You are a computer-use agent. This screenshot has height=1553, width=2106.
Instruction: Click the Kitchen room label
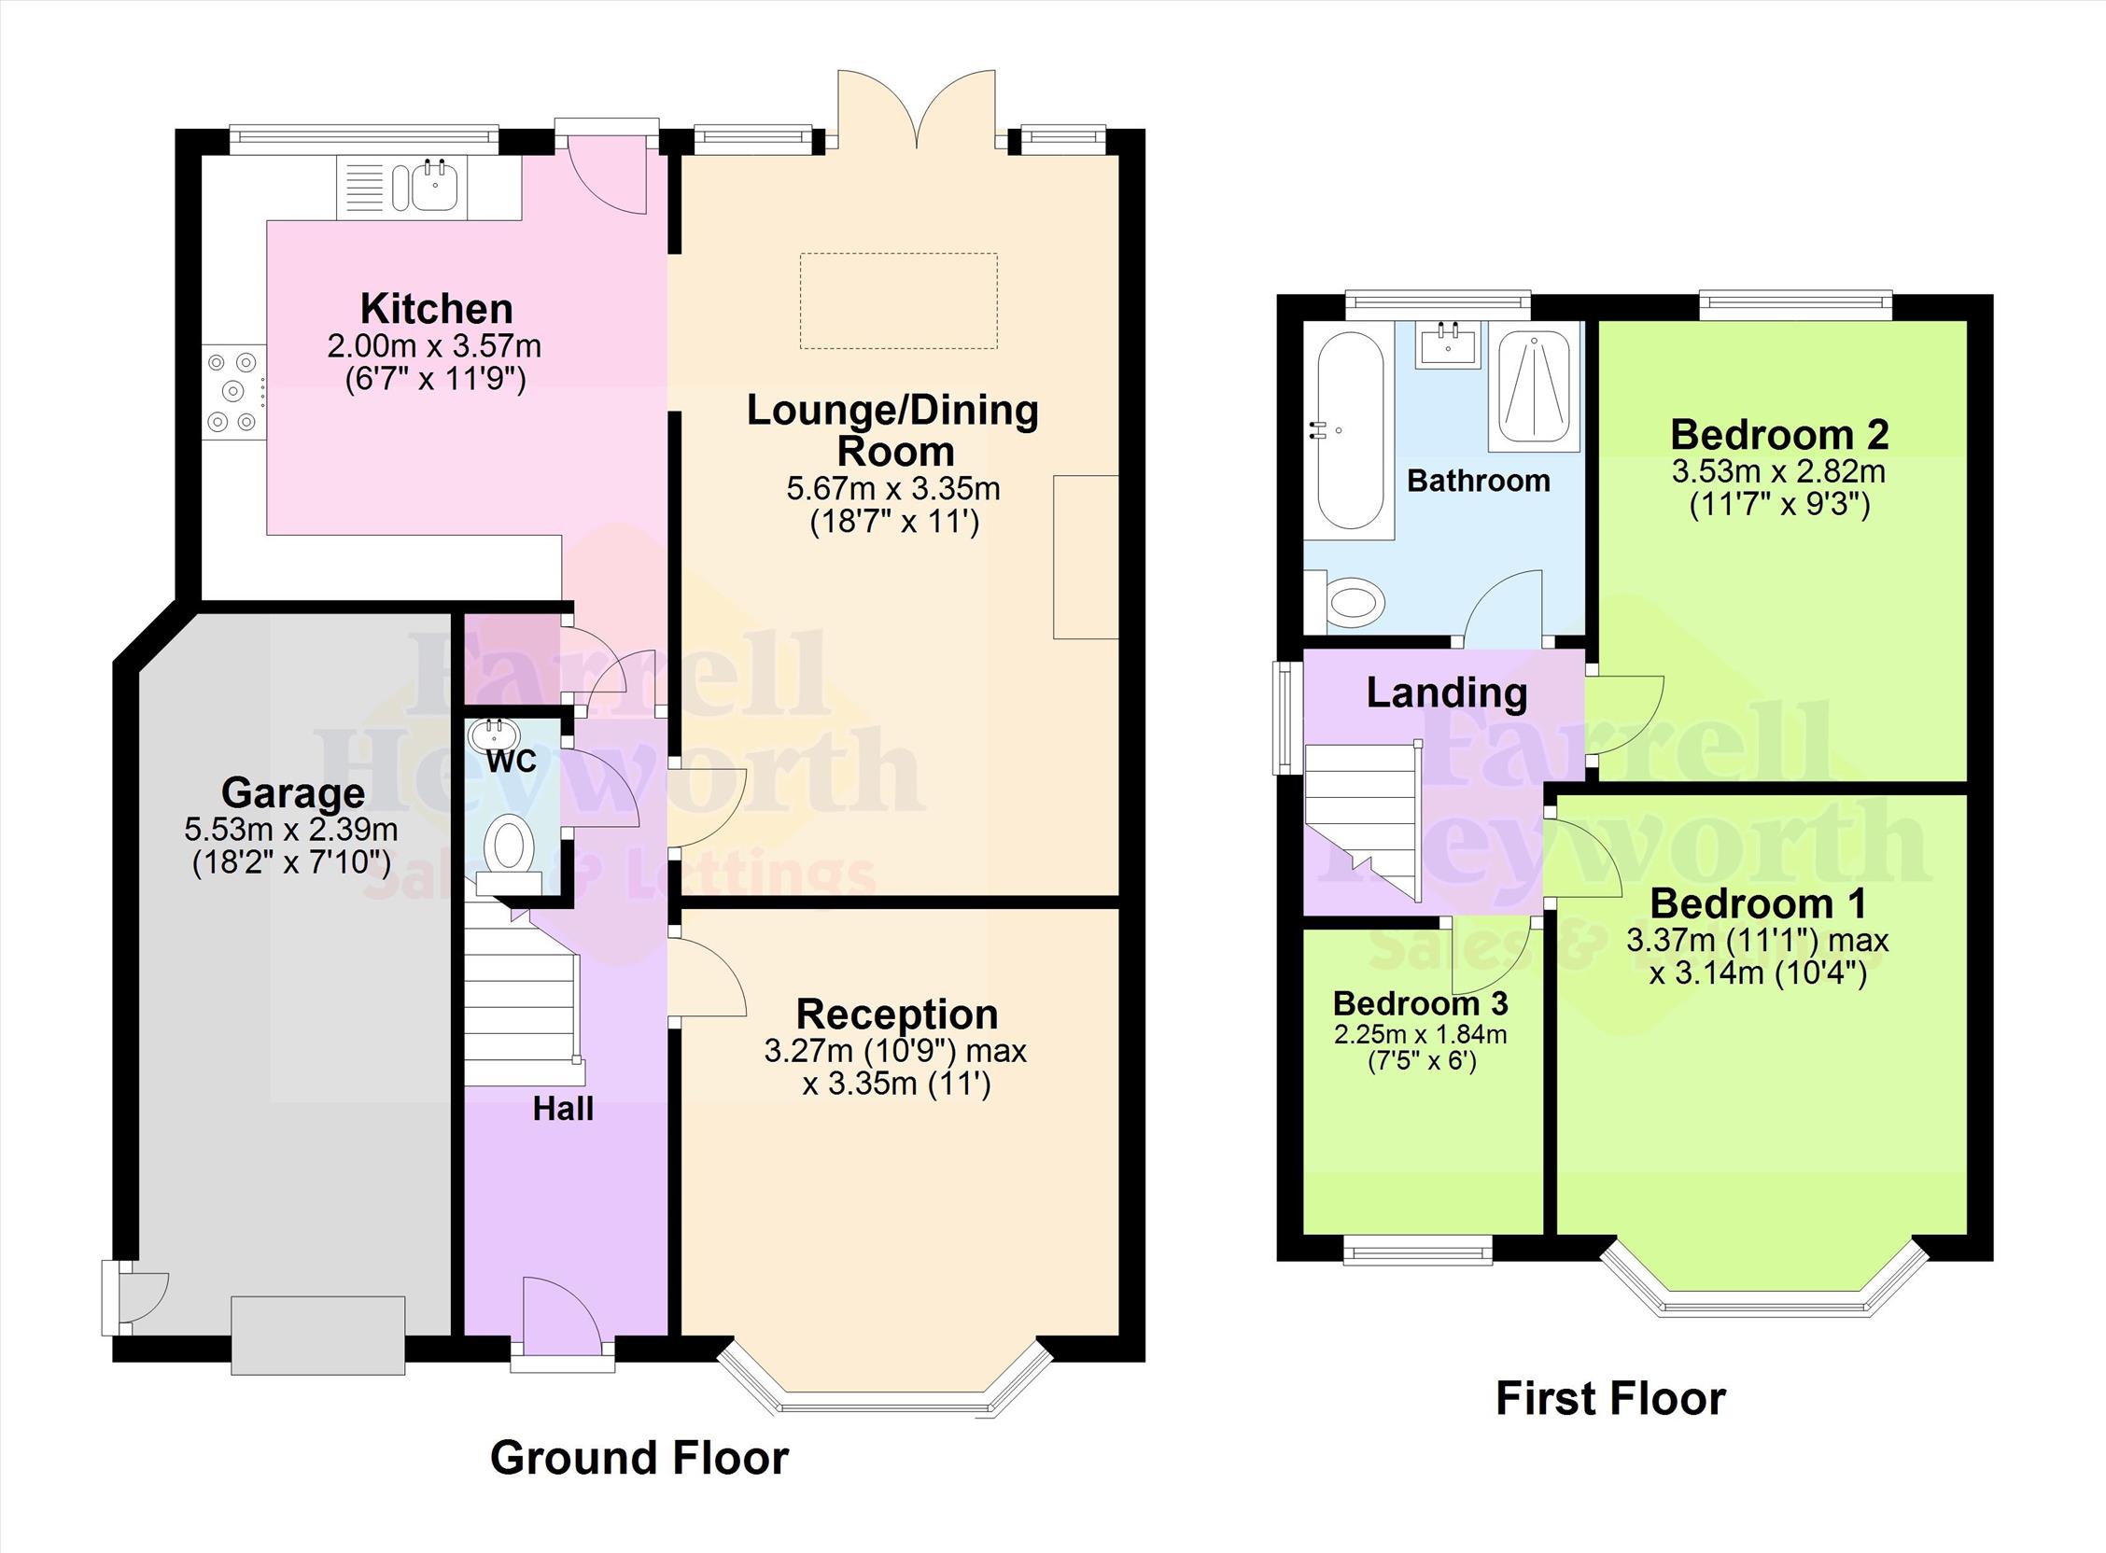click(x=436, y=309)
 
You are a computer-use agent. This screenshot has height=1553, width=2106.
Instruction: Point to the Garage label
click(x=292, y=793)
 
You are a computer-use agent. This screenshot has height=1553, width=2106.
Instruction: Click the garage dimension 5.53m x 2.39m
click(x=290, y=830)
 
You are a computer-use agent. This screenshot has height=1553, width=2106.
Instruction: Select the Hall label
click(x=563, y=1110)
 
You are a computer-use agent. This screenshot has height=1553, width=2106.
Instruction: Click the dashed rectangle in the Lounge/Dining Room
click(x=898, y=301)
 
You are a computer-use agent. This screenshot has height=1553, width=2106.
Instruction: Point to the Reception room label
click(x=897, y=1014)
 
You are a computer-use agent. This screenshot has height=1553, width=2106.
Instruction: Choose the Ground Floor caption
click(x=639, y=1458)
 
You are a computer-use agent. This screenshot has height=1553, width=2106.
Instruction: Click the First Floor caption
click(x=1610, y=1399)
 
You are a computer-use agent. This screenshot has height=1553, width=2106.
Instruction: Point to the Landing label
click(x=1447, y=693)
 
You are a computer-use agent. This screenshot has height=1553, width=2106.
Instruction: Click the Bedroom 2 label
click(x=1780, y=434)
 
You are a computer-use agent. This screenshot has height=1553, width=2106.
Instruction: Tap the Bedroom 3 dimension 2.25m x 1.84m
click(x=1421, y=1035)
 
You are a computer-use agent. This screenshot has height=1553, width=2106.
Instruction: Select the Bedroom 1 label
click(x=1757, y=904)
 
